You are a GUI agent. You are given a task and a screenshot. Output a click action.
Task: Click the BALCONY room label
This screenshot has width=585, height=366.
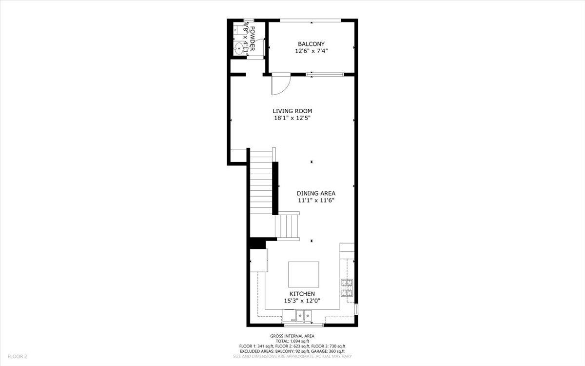click(311, 44)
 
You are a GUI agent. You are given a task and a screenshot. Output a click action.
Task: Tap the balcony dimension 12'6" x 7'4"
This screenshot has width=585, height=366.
click(311, 50)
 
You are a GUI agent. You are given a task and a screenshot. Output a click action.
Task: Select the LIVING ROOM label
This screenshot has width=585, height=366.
click(292, 111)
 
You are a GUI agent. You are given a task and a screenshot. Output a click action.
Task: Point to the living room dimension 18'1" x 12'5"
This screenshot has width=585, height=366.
click(292, 118)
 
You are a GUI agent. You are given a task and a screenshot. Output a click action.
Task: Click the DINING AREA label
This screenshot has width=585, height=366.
click(316, 193)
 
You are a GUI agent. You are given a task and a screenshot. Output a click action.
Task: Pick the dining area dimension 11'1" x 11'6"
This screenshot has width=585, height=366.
click(316, 200)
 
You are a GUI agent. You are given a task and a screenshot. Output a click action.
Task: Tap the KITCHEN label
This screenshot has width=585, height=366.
click(302, 294)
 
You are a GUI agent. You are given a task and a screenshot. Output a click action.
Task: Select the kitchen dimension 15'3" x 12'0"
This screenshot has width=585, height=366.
click(302, 301)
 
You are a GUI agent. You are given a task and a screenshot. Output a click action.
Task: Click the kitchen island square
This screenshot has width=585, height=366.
click(304, 274)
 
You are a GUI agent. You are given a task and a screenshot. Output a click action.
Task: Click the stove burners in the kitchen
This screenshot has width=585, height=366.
click(347, 288)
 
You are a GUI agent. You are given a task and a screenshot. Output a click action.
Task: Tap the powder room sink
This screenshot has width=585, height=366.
click(239, 48)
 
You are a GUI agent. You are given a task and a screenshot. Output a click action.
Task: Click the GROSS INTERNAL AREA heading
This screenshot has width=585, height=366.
click(292, 336)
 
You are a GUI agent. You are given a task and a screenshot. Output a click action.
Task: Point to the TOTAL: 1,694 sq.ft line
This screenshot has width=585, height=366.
click(292, 341)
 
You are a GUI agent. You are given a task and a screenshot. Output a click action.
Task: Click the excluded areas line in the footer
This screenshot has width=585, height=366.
click(292, 351)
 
